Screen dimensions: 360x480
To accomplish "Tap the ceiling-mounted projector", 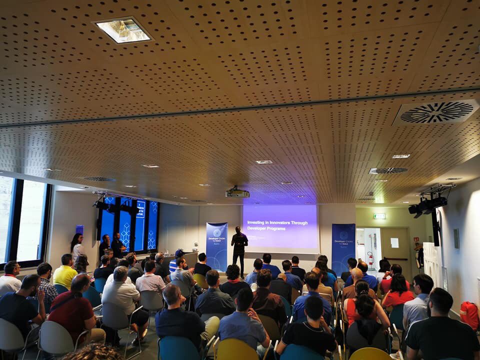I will pyautogui.click(x=237, y=192).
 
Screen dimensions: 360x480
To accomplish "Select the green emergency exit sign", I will pyautogui.click(x=379, y=216).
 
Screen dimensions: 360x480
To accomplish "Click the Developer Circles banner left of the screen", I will pyautogui.click(x=216, y=246).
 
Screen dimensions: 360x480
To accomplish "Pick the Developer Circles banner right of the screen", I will pyautogui.click(x=343, y=247).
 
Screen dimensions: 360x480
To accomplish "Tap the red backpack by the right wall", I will pyautogui.click(x=469, y=314).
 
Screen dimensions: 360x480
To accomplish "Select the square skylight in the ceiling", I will pyautogui.click(x=122, y=30).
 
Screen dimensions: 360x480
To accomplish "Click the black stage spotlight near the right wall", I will pyautogui.click(x=427, y=205).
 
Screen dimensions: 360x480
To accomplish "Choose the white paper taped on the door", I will pyautogui.click(x=394, y=242).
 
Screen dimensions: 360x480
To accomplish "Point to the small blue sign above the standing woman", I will pyautogui.click(x=79, y=229).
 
